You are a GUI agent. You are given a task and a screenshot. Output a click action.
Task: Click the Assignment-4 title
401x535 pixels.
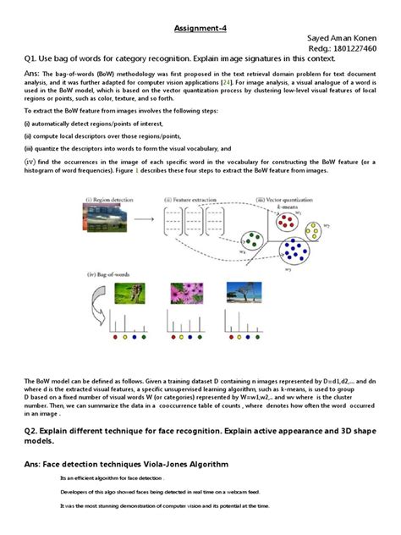click(200, 26)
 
